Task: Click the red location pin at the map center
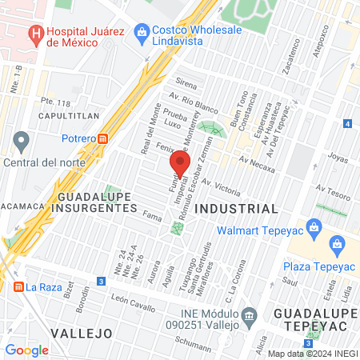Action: coord(179,166)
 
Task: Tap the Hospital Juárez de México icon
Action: coord(35,35)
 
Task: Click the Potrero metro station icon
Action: coord(103,138)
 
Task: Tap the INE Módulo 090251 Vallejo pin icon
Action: coord(250,316)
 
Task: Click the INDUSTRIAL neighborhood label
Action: coord(236,208)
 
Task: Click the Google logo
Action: coord(26,350)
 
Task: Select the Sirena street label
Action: coord(186,83)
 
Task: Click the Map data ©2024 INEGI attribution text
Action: coord(311,354)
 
